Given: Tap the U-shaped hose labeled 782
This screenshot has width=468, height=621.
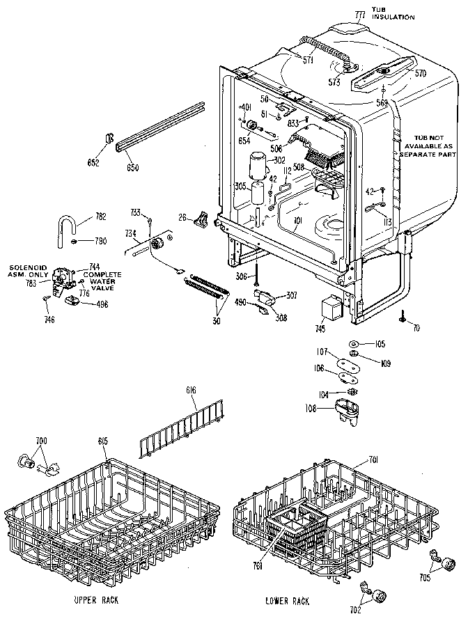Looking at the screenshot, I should tap(67, 226).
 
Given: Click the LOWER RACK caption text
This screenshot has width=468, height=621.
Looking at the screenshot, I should tap(288, 600).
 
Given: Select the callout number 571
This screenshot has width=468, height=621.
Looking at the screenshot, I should tap(307, 60).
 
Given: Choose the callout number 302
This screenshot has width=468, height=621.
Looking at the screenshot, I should tap(279, 160).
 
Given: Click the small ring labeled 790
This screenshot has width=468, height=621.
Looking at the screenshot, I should tap(74, 242).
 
